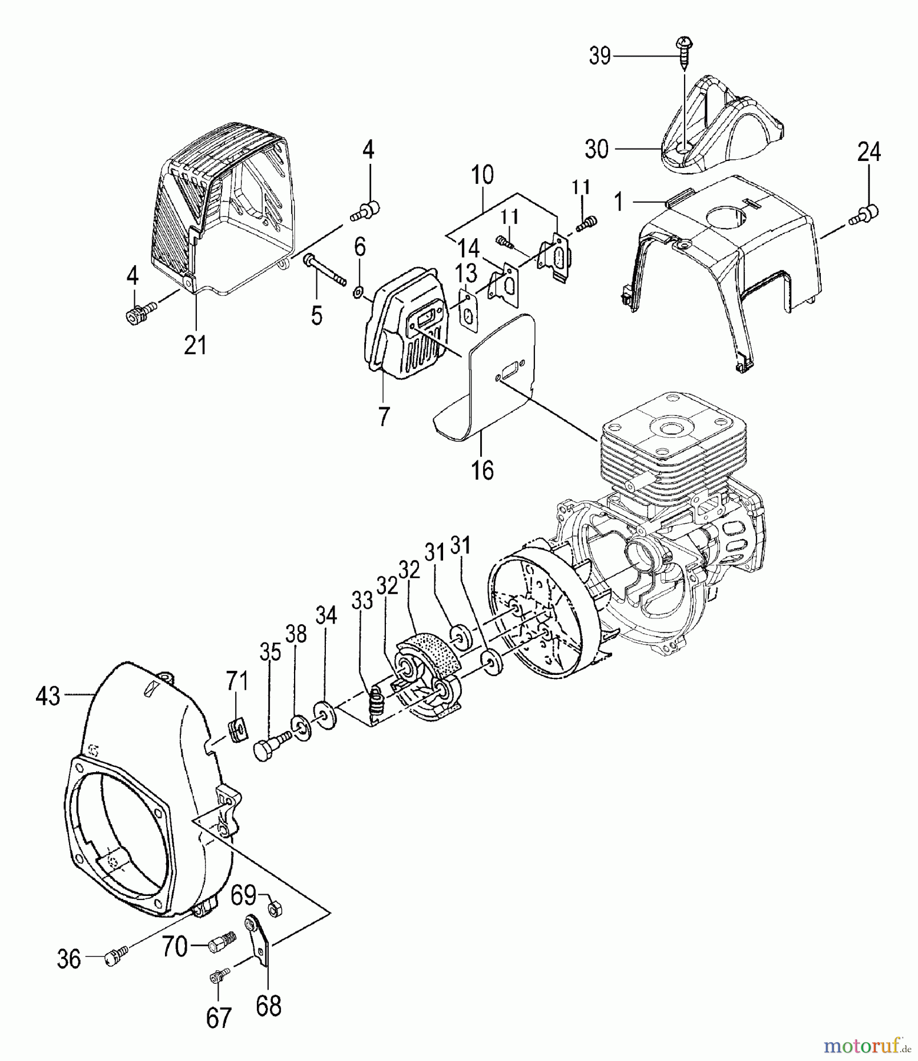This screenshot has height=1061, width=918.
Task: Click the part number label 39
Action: (600, 57)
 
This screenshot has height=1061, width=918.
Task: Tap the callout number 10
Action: (483, 176)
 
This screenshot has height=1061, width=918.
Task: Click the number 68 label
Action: (269, 1006)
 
